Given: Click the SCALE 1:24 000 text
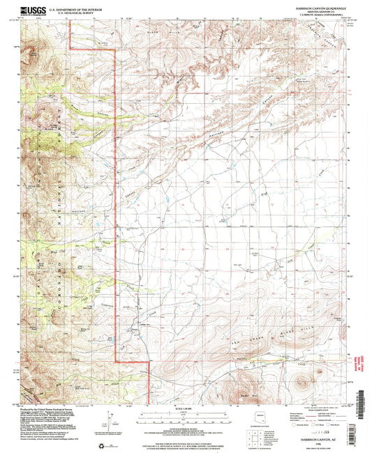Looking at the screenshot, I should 186,408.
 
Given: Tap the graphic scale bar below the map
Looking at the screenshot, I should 186,414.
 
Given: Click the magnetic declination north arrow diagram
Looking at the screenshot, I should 103,422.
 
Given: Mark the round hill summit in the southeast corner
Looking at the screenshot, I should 303,381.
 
